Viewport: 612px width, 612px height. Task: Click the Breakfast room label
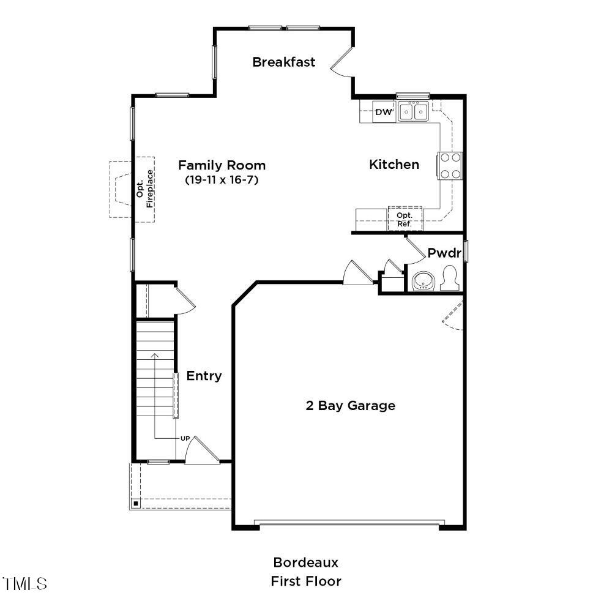pos(284,62)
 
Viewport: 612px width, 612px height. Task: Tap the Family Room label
pos(222,165)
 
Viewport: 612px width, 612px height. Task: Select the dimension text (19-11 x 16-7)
pos(222,181)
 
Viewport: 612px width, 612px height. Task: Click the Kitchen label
pos(394,164)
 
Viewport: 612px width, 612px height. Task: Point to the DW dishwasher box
pos(384,113)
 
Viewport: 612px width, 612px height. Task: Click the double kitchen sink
pos(413,112)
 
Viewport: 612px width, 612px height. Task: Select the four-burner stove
pos(450,165)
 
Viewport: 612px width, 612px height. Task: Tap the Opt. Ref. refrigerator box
pos(405,219)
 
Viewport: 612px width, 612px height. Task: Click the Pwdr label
pos(444,253)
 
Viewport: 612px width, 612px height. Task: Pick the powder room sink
pos(422,281)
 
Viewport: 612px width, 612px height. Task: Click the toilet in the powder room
pos(450,278)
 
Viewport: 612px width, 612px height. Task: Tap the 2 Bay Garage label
pos(350,406)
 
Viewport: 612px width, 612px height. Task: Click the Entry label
pos(204,376)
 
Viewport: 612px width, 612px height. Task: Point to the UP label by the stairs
pos(185,438)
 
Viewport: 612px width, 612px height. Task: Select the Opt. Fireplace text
pos(145,193)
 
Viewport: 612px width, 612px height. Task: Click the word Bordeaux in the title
pos(305,562)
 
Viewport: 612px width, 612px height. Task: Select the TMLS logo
pos(24,583)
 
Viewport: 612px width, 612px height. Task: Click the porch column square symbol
pos(136,504)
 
